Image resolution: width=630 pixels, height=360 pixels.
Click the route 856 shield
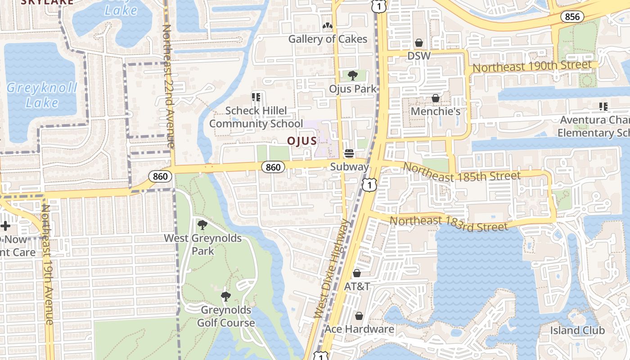[572, 17]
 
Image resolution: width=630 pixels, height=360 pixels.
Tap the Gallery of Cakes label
[328, 39]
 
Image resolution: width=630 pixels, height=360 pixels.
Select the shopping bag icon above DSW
[419, 43]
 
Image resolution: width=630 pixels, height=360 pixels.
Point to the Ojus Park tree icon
[352, 76]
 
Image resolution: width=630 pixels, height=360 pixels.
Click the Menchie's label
[436, 111]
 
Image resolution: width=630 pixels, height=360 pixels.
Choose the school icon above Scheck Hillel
[256, 97]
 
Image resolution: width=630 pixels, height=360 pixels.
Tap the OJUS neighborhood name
[302, 141]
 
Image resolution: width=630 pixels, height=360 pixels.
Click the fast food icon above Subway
[349, 153]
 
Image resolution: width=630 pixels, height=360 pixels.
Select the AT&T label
[357, 286]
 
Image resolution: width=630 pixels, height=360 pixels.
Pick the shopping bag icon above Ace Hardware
[359, 316]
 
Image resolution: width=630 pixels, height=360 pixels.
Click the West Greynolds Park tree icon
[202, 225]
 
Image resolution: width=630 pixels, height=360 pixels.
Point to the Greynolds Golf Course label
[226, 316]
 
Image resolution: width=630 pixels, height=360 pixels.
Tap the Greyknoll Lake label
[42, 95]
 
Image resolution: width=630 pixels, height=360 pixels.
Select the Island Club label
[577, 330]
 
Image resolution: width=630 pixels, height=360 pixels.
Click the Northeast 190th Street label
[532, 66]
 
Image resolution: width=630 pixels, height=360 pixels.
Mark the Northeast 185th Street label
[461, 172]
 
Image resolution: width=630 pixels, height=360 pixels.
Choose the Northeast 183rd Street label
[449, 223]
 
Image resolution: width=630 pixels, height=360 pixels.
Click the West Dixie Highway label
[332, 269]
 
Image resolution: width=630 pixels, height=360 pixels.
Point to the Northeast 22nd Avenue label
[167, 85]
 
